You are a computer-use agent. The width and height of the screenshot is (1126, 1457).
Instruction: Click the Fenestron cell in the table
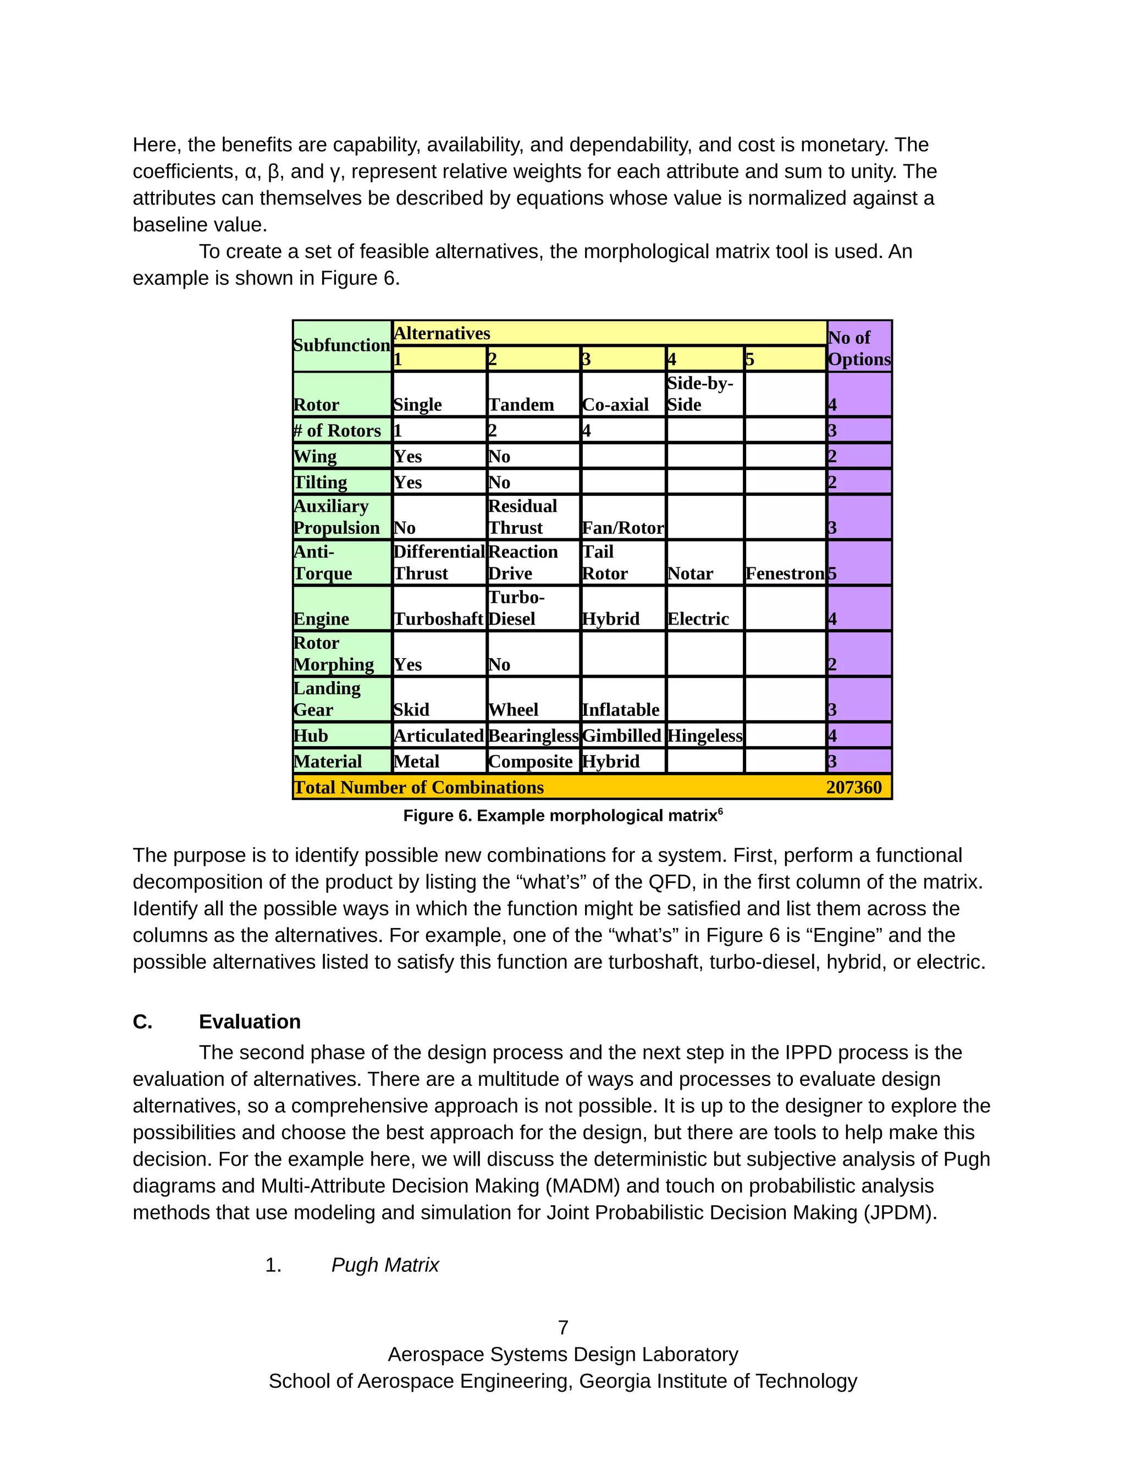(x=785, y=573)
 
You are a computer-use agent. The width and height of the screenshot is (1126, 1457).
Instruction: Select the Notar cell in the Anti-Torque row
(x=691, y=573)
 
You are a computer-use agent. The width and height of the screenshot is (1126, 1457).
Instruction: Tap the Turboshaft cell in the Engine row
(x=438, y=619)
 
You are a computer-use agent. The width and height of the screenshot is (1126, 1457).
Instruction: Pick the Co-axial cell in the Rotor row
(x=615, y=404)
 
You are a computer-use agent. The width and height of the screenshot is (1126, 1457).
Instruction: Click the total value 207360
(x=854, y=787)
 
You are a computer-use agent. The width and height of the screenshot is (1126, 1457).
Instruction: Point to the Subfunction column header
(x=341, y=346)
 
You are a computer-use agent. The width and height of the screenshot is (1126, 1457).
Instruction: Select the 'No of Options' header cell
(x=859, y=347)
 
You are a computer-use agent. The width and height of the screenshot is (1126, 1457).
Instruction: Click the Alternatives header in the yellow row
(x=442, y=333)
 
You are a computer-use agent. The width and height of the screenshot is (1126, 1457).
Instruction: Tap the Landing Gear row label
(x=327, y=698)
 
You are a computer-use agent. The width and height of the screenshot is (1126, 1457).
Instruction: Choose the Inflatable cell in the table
(x=620, y=709)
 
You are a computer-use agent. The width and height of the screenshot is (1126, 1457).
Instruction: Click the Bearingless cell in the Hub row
(x=533, y=735)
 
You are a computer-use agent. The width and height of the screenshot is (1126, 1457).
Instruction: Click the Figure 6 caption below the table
(x=562, y=815)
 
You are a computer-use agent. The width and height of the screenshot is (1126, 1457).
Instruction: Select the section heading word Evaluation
(x=250, y=1022)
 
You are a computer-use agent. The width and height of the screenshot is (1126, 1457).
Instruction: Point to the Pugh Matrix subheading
(x=385, y=1265)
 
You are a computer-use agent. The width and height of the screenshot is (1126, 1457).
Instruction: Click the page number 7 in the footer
(x=563, y=1328)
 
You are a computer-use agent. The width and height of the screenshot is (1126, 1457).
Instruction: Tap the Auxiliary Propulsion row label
(x=336, y=517)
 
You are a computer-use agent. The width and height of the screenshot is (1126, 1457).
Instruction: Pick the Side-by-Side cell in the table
(x=700, y=394)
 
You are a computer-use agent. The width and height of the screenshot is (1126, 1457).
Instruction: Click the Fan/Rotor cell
(x=623, y=528)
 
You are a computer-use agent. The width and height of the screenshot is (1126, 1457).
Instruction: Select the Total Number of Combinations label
(x=419, y=787)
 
